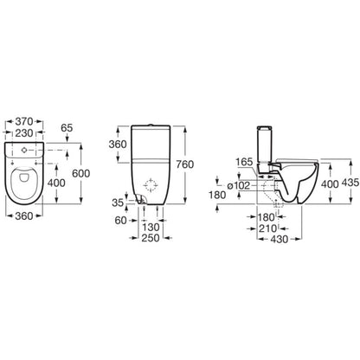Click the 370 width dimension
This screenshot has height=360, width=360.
pos(24,121)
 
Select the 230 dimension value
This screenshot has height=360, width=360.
pos(24,133)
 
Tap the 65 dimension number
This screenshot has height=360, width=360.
pos(67,128)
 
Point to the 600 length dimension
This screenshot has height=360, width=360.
pos(80,173)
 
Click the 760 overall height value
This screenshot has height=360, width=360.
pos(184,164)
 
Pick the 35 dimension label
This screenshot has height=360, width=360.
pos(118,202)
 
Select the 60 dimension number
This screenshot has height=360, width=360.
pos(121,221)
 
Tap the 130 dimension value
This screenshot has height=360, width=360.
pos(151,228)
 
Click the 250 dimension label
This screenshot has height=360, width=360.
pos(151,238)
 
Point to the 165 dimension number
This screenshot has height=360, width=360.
pos(244,162)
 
